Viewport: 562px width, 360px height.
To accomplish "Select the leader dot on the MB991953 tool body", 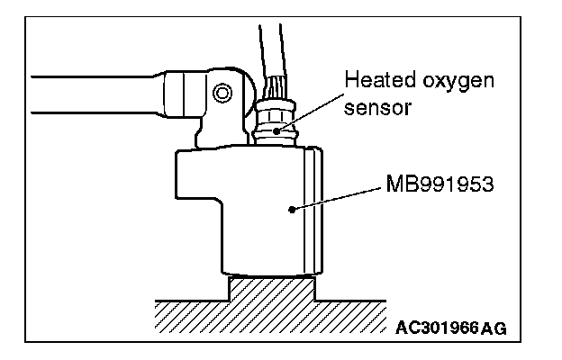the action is tap(291, 210).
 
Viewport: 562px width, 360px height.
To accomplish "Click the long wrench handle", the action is tap(90, 94).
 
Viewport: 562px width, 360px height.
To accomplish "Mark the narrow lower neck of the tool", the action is tap(270, 265).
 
